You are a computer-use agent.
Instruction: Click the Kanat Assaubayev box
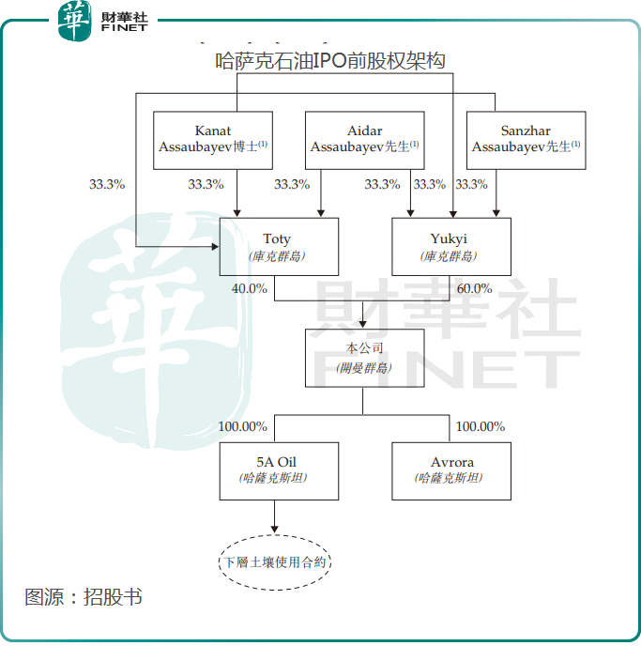click(x=213, y=140)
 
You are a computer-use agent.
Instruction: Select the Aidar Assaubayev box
click(x=364, y=140)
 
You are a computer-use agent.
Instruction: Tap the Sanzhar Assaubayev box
click(x=526, y=140)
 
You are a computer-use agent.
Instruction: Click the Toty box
click(x=278, y=247)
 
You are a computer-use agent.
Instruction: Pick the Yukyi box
click(x=451, y=247)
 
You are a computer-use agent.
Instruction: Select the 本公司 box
click(x=364, y=358)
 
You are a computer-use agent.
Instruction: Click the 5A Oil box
click(x=278, y=470)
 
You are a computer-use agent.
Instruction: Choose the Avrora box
click(x=451, y=470)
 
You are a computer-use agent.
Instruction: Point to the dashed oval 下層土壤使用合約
click(x=276, y=563)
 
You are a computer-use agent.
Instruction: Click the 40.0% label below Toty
click(x=250, y=289)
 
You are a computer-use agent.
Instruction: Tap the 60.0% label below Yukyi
click(x=475, y=289)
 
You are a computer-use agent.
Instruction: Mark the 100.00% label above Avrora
click(x=481, y=426)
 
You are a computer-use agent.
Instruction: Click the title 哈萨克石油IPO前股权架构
click(x=329, y=62)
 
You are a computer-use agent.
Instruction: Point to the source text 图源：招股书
click(x=84, y=597)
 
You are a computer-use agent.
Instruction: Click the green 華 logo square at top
click(x=75, y=21)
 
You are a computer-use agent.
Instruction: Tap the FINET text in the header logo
click(x=124, y=28)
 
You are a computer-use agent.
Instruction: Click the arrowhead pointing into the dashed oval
click(x=276, y=531)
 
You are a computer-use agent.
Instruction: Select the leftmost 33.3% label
click(x=107, y=185)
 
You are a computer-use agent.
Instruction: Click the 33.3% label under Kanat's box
click(x=206, y=185)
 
